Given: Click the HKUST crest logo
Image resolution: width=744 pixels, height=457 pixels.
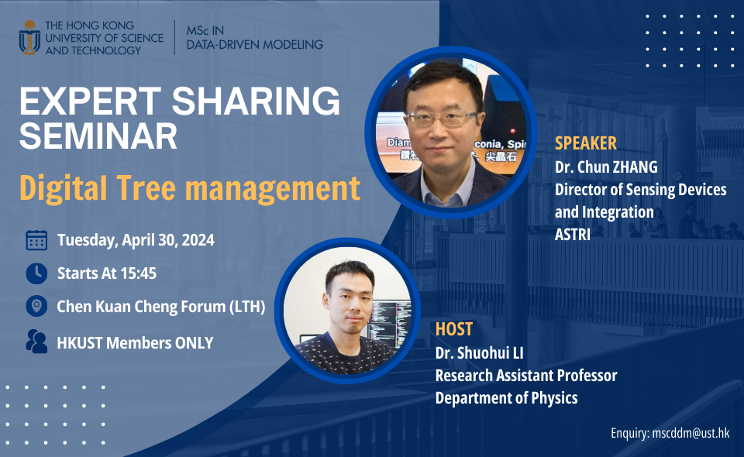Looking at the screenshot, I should (29, 38).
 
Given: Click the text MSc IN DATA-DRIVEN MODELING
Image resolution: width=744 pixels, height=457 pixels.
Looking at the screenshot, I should (254, 37).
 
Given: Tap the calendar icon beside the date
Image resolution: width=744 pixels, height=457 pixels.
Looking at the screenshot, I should (36, 240).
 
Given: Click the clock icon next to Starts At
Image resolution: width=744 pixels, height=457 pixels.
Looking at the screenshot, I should (36, 273).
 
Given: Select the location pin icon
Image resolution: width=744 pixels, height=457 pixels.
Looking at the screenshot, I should (36, 307).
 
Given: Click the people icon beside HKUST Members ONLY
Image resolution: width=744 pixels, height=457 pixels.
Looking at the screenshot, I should (36, 342).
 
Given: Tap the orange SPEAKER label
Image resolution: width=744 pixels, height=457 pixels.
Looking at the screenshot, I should (586, 143).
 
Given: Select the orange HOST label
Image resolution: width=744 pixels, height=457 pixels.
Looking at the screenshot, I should (453, 329).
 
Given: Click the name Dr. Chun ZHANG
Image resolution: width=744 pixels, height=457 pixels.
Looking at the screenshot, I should (607, 167).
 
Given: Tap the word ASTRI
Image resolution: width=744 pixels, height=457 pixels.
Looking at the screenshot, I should (573, 234).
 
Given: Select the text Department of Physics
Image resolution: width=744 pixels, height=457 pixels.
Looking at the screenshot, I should (506, 398).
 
